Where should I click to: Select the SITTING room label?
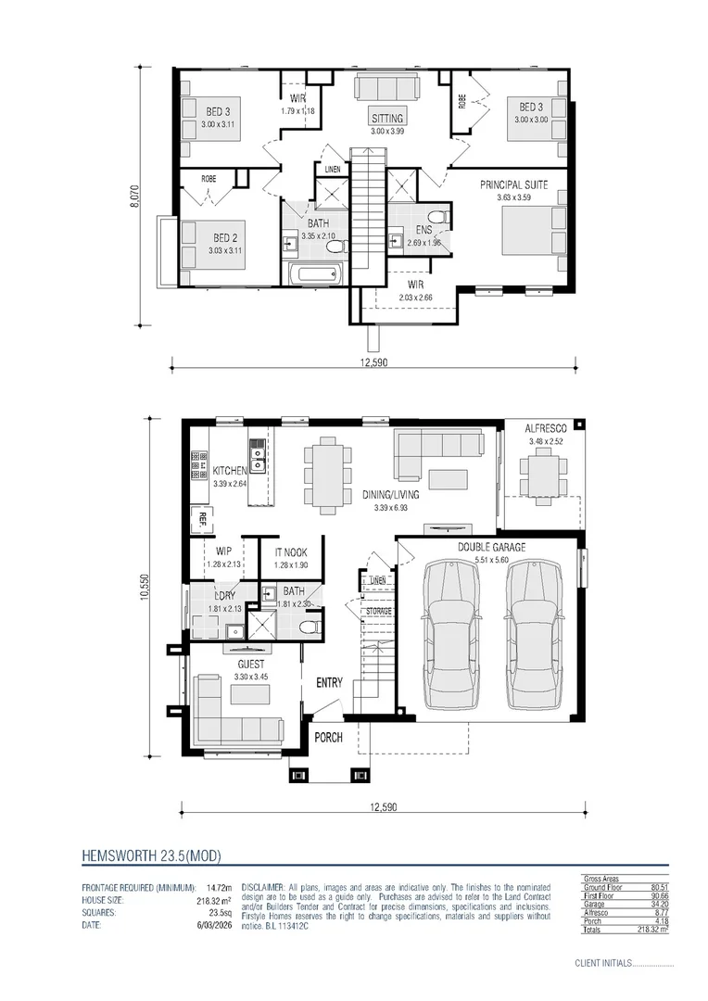point(387,119)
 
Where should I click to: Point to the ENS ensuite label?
point(424,231)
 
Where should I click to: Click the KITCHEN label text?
point(229,471)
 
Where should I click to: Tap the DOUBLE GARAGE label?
point(491,548)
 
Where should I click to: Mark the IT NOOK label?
point(289,553)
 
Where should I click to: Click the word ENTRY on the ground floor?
point(329,683)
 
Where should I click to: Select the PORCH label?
point(328,738)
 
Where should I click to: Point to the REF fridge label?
point(197,519)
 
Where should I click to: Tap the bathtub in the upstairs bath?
point(315,273)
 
